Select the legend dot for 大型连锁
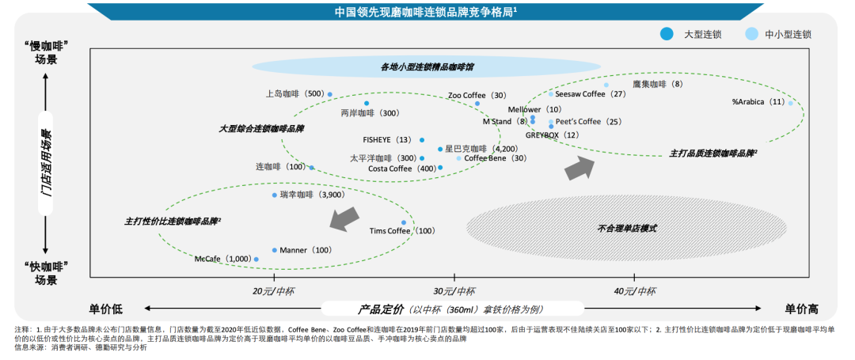click(x=667, y=34)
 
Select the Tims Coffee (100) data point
click(x=403, y=222)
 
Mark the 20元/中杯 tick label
click(x=274, y=290)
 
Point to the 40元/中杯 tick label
click(x=635, y=290)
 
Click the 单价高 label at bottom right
click(x=801, y=308)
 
